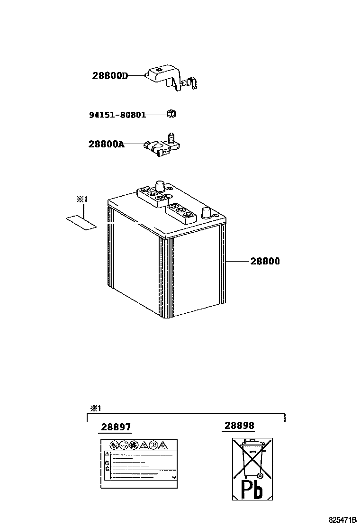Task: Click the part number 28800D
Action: tap(110, 76)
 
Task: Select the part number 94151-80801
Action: tap(117, 115)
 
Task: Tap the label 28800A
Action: tap(107, 144)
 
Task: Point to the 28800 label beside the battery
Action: tap(265, 261)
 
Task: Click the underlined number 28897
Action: tap(116, 427)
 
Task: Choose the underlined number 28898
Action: tap(239, 426)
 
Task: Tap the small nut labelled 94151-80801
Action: tap(171, 114)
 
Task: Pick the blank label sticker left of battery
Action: tap(81, 221)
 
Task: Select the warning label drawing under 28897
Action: tap(139, 463)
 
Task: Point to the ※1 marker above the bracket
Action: tap(96, 408)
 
